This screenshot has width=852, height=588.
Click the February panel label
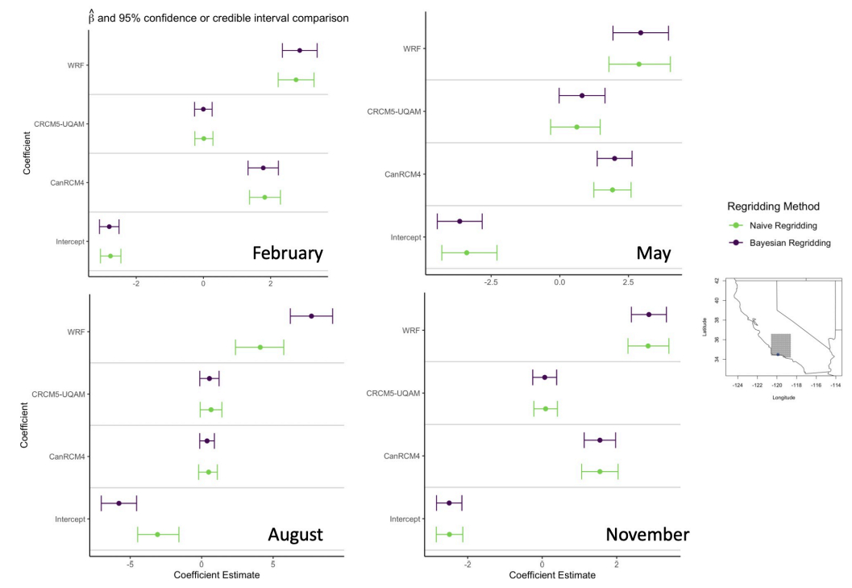[x=287, y=253]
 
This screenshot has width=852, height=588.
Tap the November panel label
[x=647, y=535]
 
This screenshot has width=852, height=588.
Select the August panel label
[x=295, y=535]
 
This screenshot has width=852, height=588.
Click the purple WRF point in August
[x=311, y=316]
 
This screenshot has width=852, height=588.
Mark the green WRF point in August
[x=260, y=347]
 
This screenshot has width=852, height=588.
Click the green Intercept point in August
[x=157, y=534]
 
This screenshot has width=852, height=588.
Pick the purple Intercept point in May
[x=459, y=221]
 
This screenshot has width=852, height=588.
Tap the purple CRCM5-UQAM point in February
[x=203, y=109]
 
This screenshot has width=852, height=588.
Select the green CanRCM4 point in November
[x=600, y=471]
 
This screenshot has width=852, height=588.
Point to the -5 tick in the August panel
[x=131, y=565]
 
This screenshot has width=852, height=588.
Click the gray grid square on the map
[x=780, y=344]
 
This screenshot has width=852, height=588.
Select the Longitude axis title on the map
[x=783, y=398]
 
